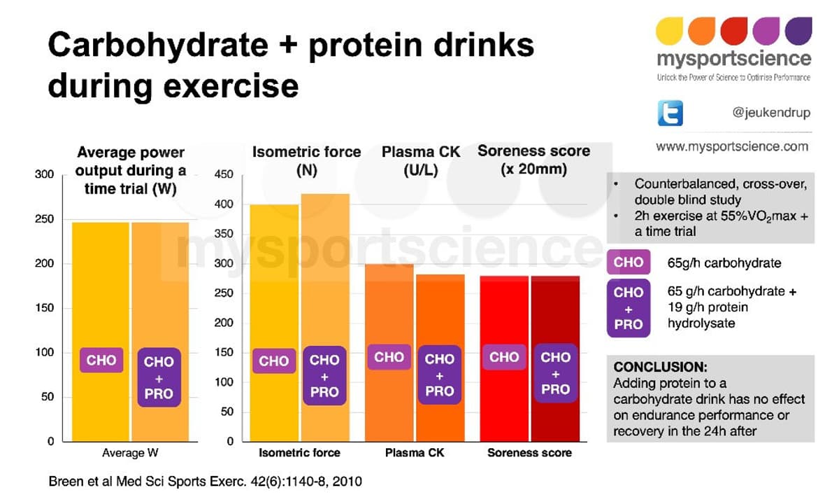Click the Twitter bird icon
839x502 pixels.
(x=670, y=113)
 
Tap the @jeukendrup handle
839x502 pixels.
(x=770, y=112)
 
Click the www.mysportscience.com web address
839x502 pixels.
(x=731, y=146)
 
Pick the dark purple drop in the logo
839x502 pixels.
(x=798, y=31)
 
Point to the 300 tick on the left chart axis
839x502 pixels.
(x=44, y=175)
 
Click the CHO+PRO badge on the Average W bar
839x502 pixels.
(x=159, y=377)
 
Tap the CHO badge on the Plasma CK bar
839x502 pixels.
(x=389, y=357)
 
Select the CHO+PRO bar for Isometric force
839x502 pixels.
(x=324, y=315)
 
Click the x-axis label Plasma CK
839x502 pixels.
(x=414, y=453)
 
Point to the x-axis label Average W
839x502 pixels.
(x=130, y=453)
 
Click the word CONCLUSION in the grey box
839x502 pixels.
(x=660, y=367)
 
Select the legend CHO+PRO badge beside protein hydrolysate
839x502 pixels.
(x=628, y=308)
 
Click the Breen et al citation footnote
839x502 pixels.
(x=205, y=482)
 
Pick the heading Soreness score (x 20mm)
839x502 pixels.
(x=533, y=160)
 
